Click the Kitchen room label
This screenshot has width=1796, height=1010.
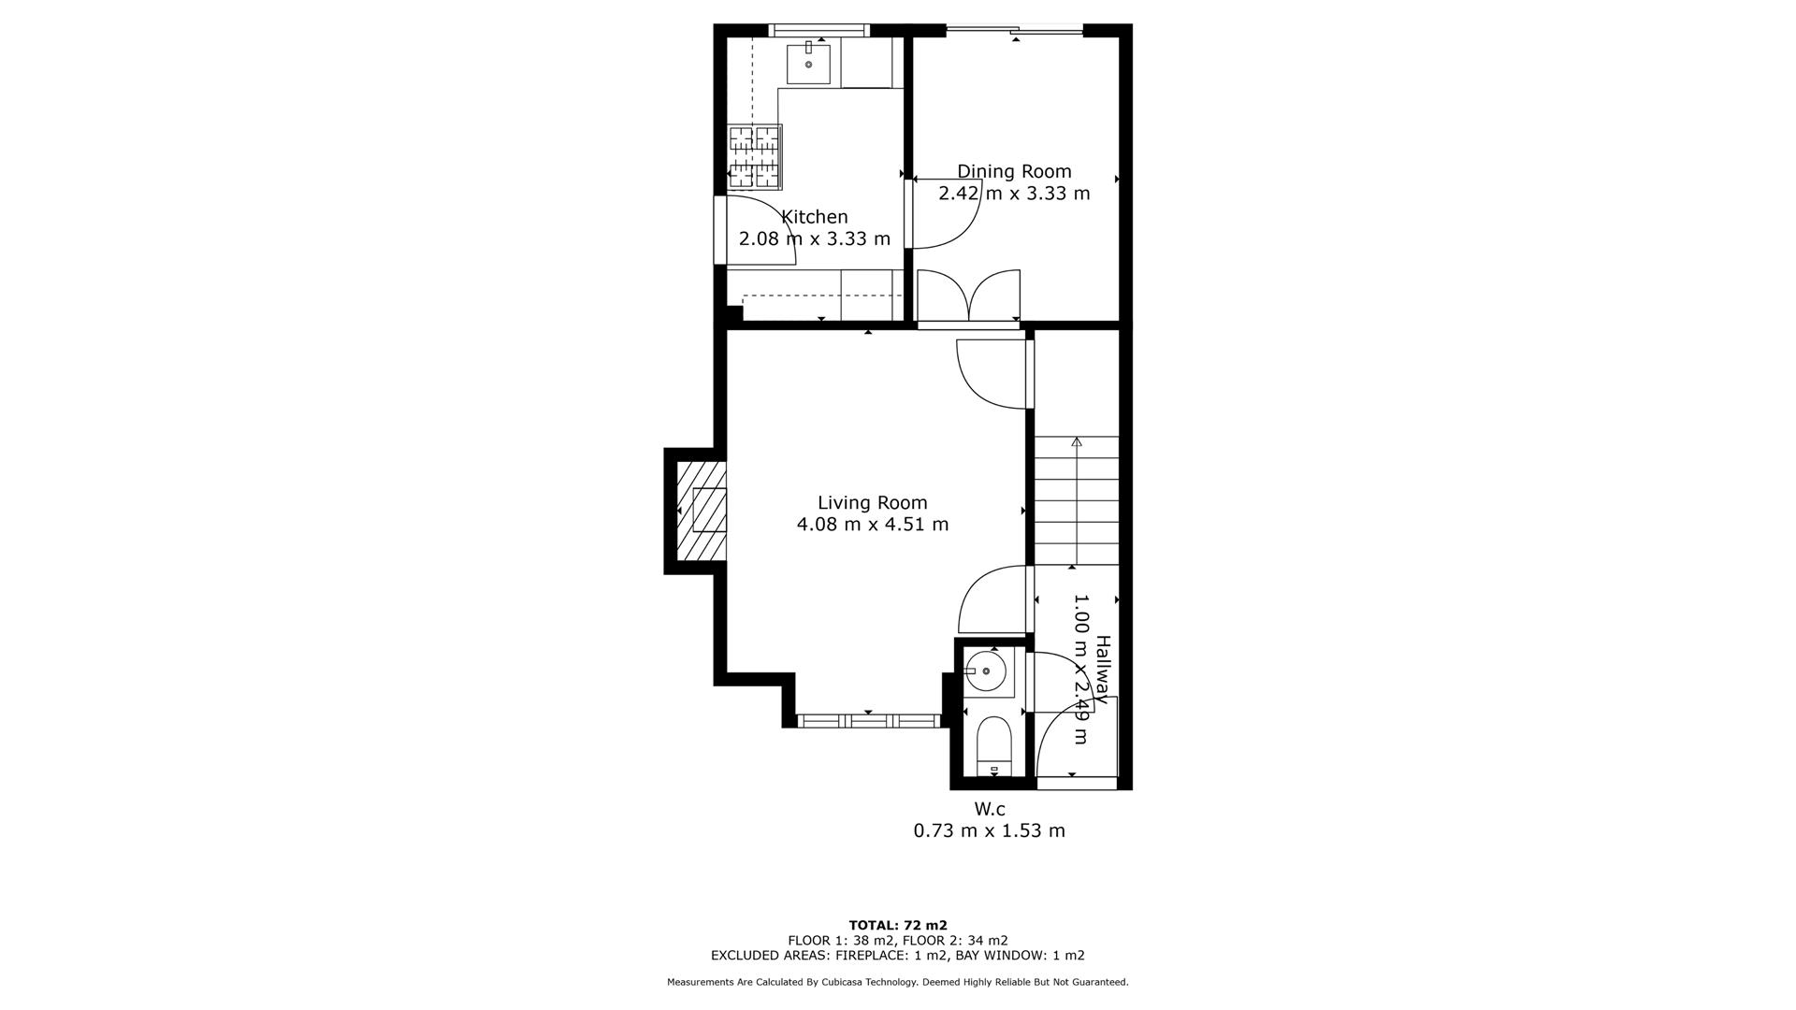814,217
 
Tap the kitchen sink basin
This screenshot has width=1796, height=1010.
808,64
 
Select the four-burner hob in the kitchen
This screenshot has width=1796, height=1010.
755,156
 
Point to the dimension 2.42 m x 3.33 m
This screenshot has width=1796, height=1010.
1014,194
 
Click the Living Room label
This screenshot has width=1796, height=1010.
872,502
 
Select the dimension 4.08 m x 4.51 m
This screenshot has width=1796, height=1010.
872,525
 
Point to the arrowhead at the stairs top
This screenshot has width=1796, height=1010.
1077,441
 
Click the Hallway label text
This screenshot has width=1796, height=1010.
1103,669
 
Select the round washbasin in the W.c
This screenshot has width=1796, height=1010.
985,671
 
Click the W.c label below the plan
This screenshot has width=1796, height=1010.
990,809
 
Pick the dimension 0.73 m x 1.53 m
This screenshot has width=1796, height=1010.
989,830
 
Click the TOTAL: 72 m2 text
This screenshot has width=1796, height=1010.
897,925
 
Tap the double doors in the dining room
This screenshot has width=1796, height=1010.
968,296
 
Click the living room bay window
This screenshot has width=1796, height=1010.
868,720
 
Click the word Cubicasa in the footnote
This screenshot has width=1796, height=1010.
843,982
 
